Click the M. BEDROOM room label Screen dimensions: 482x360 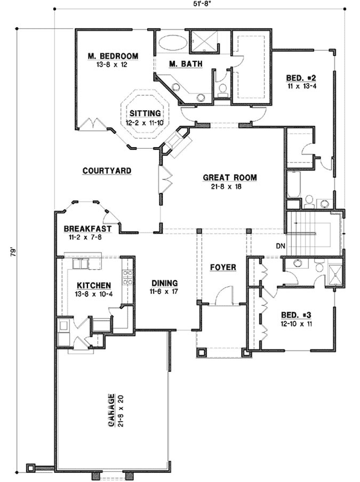[113, 56]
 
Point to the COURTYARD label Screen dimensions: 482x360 [107, 171]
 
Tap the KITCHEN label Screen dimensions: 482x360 [93, 286]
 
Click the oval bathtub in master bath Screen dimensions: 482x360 [172, 44]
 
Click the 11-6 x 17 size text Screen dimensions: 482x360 [163, 292]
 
